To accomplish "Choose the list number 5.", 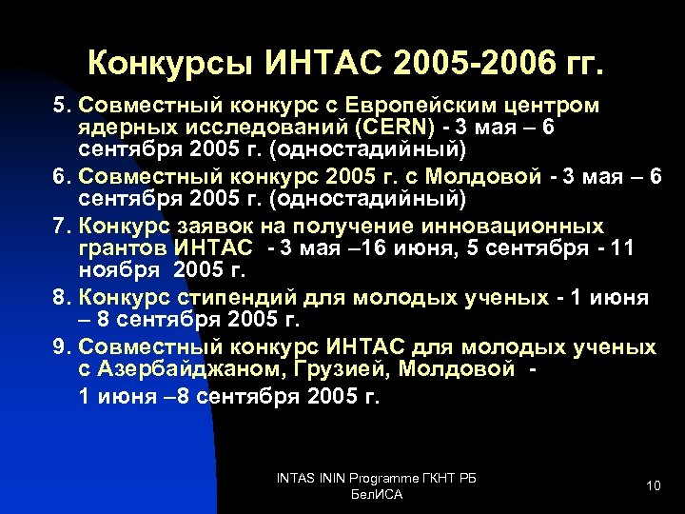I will pyautogui.click(x=59, y=104).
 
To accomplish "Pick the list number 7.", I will pyautogui.click(x=59, y=226).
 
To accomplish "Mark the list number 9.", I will pyautogui.click(x=59, y=347).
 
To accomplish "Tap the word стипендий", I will pyautogui.click(x=227, y=299).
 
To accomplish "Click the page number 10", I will pyautogui.click(x=653, y=486).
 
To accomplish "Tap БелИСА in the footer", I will pyautogui.click(x=377, y=495).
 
